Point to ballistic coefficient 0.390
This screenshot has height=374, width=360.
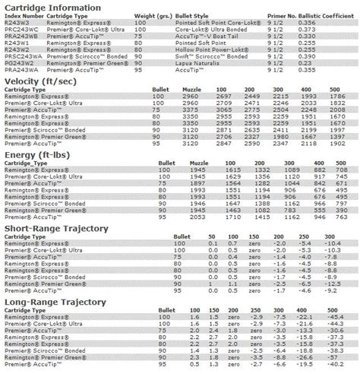[x=327, y=57]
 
